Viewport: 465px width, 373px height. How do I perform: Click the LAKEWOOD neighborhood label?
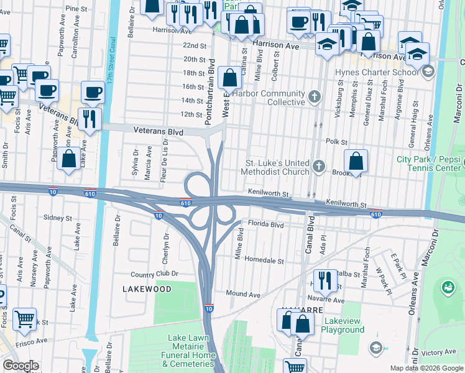point(147,289)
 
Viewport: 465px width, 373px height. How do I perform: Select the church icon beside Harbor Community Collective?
point(315,96)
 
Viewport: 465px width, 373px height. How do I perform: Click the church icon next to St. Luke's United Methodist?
point(319,166)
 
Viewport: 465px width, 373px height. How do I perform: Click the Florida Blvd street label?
point(265,224)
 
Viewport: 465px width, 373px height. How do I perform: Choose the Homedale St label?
point(264,260)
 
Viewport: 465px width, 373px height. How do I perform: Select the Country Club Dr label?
point(154,274)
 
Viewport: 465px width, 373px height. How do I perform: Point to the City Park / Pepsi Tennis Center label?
point(429,163)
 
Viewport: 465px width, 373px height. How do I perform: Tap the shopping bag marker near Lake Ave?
point(68,159)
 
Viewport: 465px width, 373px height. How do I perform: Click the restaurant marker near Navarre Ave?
point(323,281)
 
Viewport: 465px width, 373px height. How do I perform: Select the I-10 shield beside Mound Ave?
point(209,308)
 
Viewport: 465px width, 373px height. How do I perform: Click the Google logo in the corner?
point(21,366)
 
